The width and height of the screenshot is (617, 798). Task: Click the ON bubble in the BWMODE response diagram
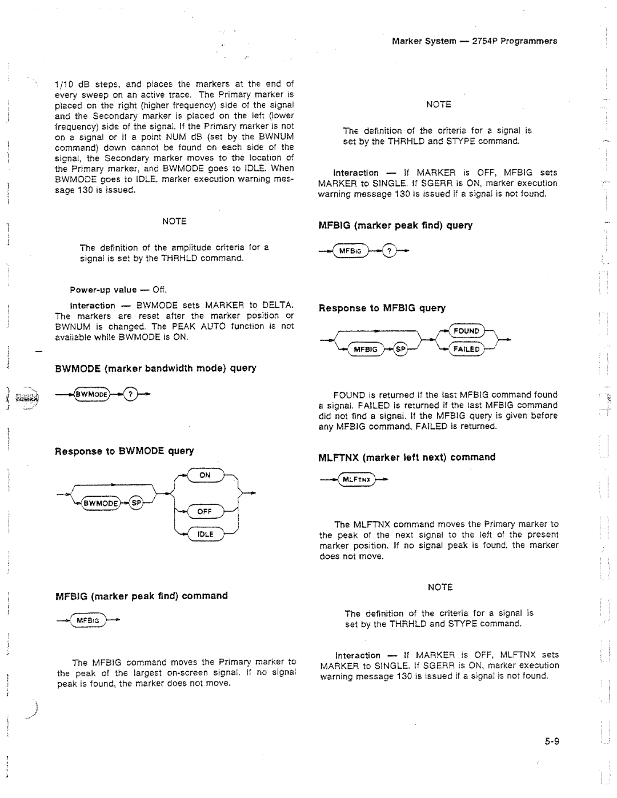point(205,475)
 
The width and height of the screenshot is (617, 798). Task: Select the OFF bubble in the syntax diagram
point(205,512)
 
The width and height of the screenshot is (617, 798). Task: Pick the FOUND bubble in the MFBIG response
point(466,331)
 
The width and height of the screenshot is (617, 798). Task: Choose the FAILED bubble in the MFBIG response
point(466,349)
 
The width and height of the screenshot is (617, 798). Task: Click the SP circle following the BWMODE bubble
point(136,503)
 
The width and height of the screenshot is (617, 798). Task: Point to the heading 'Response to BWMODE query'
point(125,451)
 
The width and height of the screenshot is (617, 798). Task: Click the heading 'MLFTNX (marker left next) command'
point(407,457)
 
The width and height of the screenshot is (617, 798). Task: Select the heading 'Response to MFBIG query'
point(382,308)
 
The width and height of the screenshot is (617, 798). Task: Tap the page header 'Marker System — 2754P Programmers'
point(474,41)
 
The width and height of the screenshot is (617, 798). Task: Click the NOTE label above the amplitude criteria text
point(174,221)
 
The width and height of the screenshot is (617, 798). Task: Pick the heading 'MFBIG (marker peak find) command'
point(141,596)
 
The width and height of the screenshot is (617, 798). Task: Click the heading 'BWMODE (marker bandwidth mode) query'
point(155,368)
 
